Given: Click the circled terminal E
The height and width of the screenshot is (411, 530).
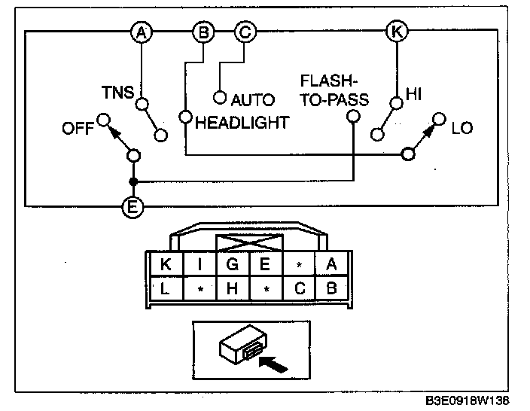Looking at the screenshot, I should (x=132, y=205).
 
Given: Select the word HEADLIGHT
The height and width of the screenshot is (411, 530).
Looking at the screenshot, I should (x=242, y=123).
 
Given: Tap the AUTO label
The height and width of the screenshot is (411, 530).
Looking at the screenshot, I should (x=253, y=99).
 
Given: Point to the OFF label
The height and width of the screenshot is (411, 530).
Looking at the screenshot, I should (x=78, y=129).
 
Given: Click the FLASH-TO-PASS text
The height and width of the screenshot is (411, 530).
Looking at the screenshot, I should (x=334, y=90).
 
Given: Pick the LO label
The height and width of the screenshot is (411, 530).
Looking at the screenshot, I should (x=462, y=128).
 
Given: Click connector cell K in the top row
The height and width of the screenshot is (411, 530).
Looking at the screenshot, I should (x=166, y=264).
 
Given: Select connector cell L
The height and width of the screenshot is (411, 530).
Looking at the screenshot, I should (x=166, y=288).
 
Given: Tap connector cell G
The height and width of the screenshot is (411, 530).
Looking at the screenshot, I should (x=233, y=264).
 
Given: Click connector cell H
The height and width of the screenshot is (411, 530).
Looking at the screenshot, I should (x=233, y=288).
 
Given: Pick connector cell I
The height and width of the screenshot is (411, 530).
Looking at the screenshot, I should (x=200, y=264).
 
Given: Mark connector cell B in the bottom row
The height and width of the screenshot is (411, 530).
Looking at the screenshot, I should (x=332, y=288).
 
